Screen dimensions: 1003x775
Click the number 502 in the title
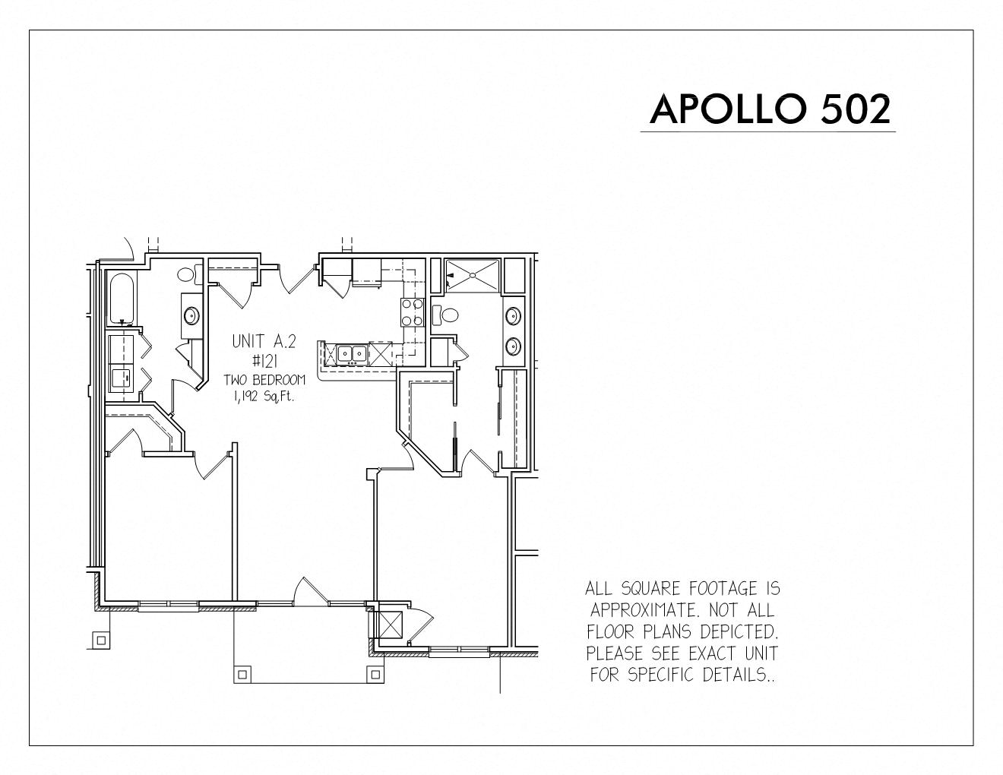[x=856, y=109]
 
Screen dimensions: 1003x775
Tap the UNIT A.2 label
[x=264, y=342]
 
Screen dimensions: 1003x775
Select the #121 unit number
[x=264, y=362]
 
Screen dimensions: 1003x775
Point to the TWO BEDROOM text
[x=264, y=381]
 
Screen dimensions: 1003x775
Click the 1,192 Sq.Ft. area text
[x=264, y=397]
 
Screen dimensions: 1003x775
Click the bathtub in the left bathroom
[x=122, y=299]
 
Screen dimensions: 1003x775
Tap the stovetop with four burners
[x=412, y=312]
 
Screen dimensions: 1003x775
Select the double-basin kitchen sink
[x=352, y=353]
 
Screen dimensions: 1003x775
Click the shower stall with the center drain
[x=473, y=276]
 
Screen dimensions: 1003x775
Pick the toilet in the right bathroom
[x=445, y=316]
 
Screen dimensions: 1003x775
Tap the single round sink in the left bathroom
[x=191, y=316]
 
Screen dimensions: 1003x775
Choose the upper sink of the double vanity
[x=513, y=316]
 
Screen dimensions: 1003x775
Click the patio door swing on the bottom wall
[x=310, y=590]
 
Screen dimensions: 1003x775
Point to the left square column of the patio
[x=242, y=675]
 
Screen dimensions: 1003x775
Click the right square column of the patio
[x=375, y=675]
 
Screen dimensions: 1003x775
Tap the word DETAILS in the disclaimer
[x=738, y=675]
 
